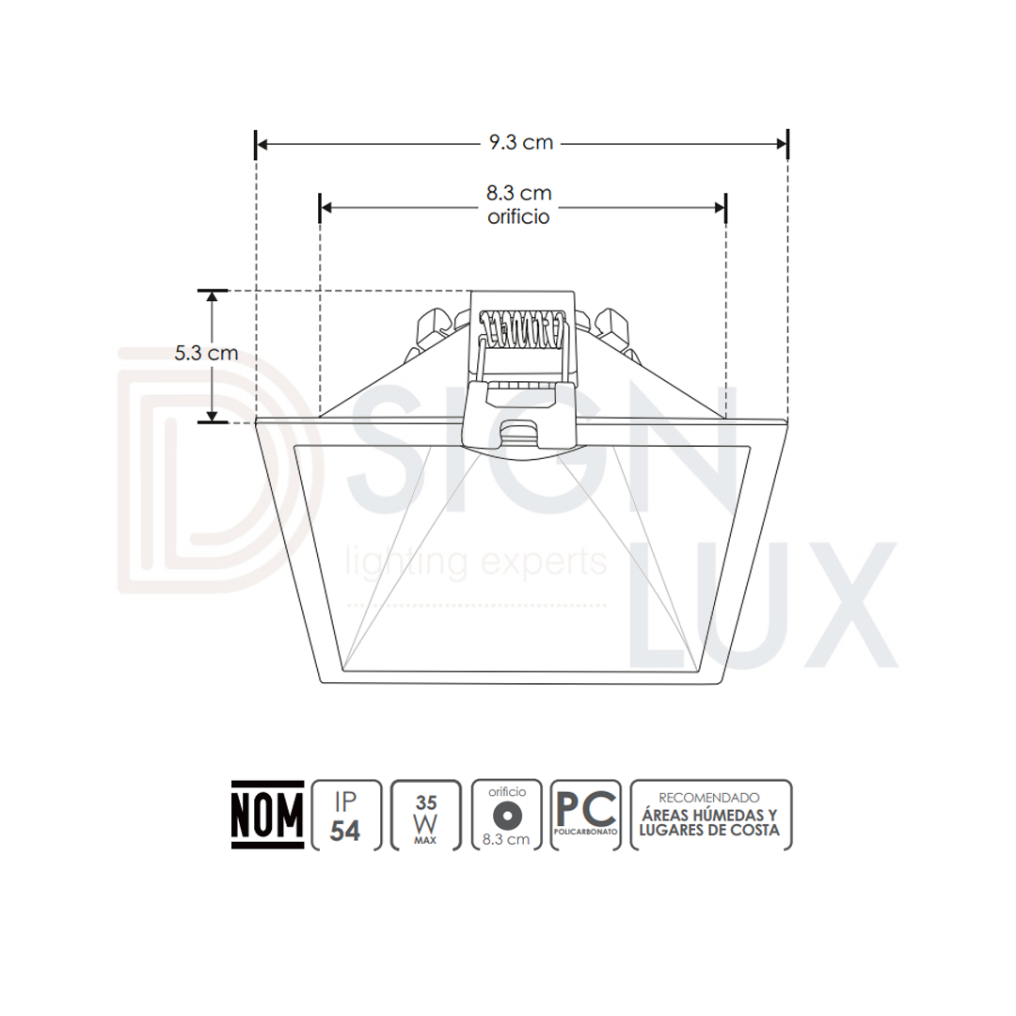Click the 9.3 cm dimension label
click(x=521, y=142)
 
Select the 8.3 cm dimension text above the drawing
click(x=519, y=193)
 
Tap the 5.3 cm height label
click(x=206, y=353)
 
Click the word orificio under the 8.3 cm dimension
click(x=518, y=215)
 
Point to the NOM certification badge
click(x=267, y=815)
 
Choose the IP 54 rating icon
click(x=346, y=815)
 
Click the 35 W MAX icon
click(x=426, y=815)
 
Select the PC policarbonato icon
click(x=586, y=815)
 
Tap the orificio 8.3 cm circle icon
click(x=506, y=815)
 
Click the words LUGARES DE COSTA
click(x=709, y=830)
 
